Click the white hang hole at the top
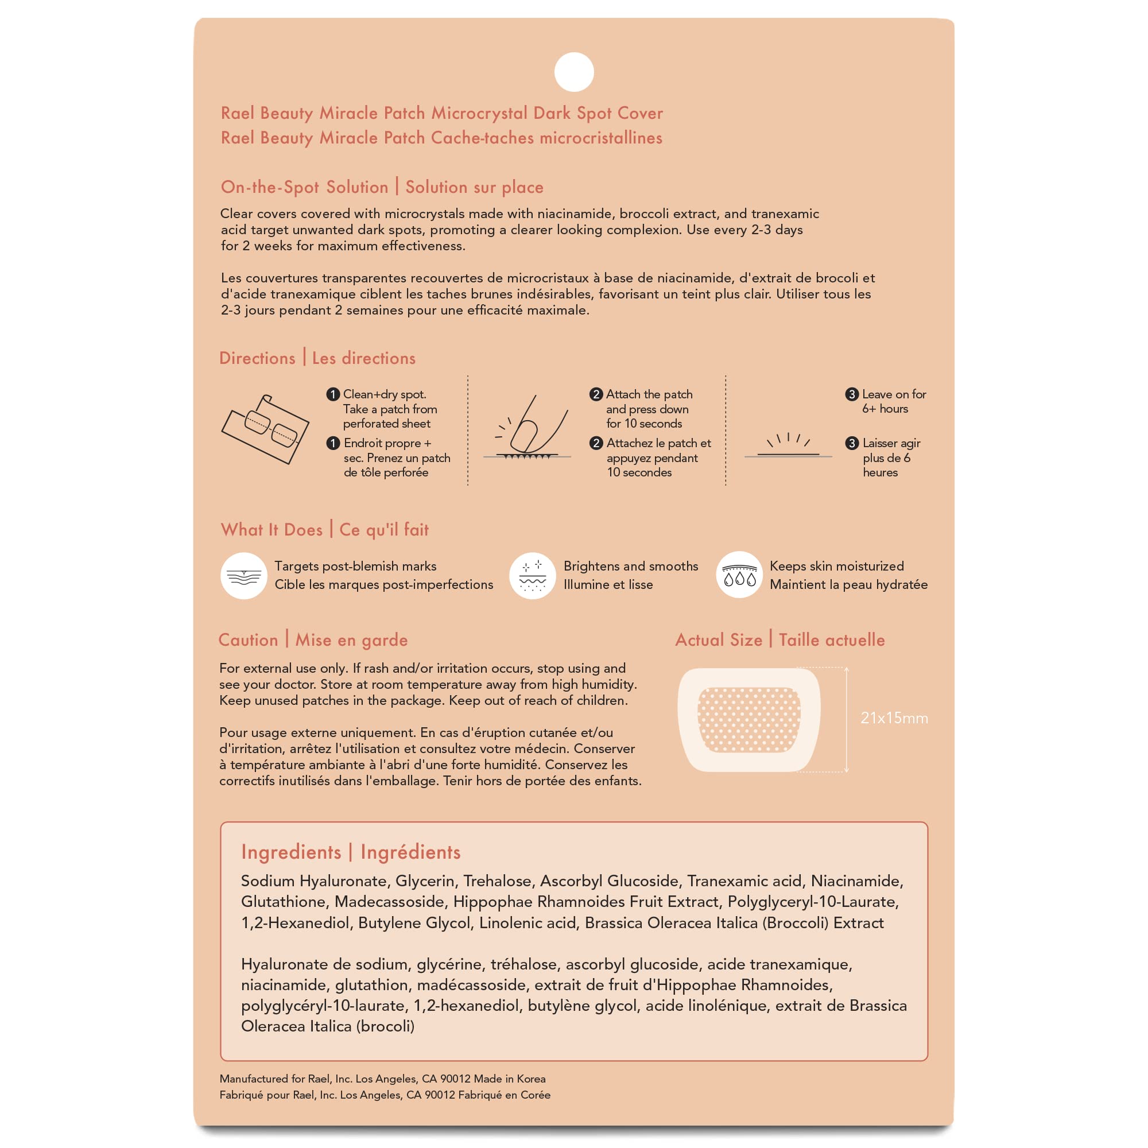pyautogui.click(x=574, y=72)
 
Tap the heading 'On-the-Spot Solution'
pyautogui.click(x=304, y=187)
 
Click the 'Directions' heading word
pyautogui.click(x=257, y=358)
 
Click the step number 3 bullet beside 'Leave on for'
pyautogui.click(x=851, y=394)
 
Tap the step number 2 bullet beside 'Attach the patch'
pyautogui.click(x=595, y=394)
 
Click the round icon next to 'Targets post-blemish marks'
pyautogui.click(x=243, y=575)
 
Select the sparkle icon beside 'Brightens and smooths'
pyautogui.click(x=533, y=575)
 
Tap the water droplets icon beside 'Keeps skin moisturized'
pyautogui.click(x=739, y=575)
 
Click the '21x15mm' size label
pyautogui.click(x=894, y=719)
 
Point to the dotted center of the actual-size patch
pyautogui.click(x=748, y=720)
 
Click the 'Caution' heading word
pyautogui.click(x=249, y=640)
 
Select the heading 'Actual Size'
pyautogui.click(x=719, y=640)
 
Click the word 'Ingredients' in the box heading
pyautogui.click(x=291, y=852)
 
